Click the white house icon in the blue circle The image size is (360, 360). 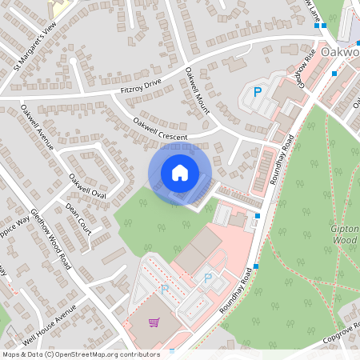(179, 172)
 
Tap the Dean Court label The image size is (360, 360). (79, 215)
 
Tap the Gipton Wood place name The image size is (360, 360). (344, 233)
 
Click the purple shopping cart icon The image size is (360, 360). (154, 322)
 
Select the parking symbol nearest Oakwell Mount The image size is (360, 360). (258, 92)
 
